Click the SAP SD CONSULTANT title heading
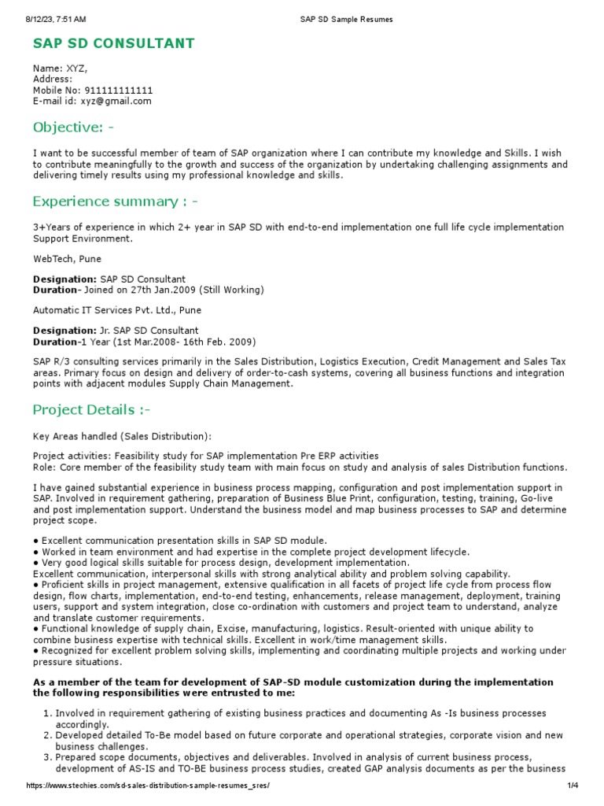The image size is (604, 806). (x=114, y=43)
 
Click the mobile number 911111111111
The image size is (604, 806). (x=118, y=91)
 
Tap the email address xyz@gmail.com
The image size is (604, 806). (x=116, y=102)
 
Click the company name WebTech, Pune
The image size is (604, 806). (x=67, y=258)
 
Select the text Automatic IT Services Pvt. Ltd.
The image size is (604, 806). (x=105, y=310)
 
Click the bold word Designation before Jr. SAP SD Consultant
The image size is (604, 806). (x=64, y=331)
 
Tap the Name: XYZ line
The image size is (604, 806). (x=60, y=68)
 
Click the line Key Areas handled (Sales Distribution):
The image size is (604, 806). (x=122, y=436)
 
